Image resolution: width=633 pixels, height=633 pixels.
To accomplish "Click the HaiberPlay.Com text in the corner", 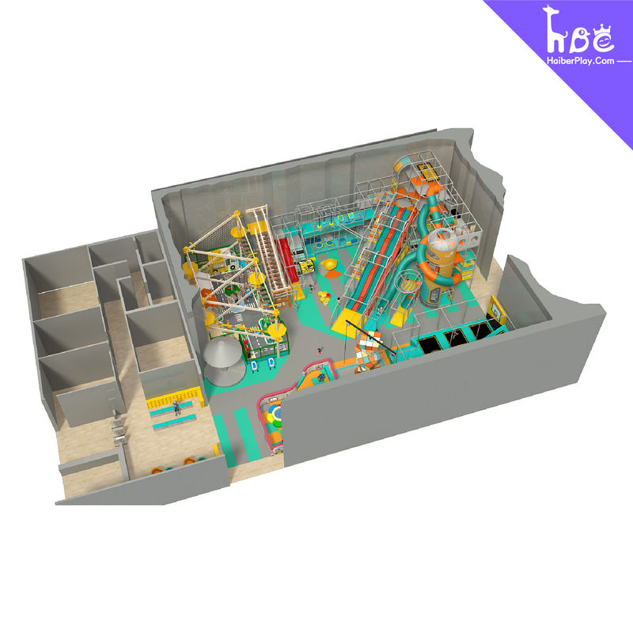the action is pyautogui.click(x=581, y=61).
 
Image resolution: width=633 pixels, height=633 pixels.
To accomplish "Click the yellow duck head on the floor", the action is pyautogui.click(x=328, y=265).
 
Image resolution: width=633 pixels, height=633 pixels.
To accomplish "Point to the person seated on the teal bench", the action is pyautogui.click(x=176, y=407).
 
